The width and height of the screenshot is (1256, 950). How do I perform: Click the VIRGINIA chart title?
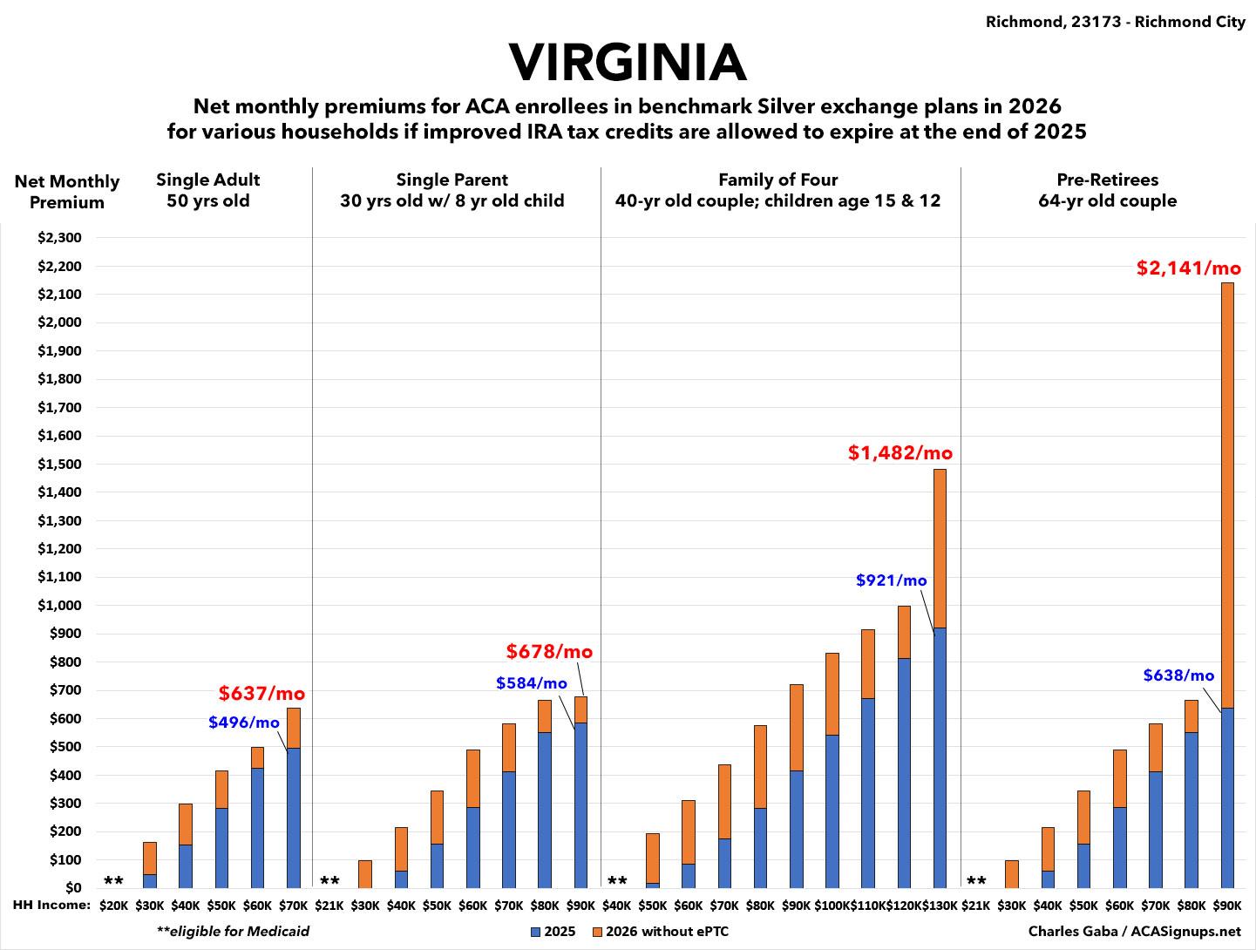[628, 63]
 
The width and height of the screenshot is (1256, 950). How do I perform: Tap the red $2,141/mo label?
[1188, 268]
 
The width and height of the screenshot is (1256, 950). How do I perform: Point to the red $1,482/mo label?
[900, 453]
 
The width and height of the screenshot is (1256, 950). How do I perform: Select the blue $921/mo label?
[891, 580]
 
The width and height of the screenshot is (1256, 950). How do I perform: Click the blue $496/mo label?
[244, 723]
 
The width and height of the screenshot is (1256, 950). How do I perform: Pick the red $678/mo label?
[549, 652]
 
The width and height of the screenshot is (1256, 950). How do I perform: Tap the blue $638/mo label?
[1178, 675]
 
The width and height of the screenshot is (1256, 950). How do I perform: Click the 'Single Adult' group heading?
[208, 180]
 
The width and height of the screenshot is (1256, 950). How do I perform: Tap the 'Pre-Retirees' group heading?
[1107, 180]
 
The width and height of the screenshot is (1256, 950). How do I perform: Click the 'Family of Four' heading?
[777, 180]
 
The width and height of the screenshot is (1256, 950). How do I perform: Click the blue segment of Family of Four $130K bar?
[940, 757]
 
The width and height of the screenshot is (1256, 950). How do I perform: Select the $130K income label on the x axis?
[940, 906]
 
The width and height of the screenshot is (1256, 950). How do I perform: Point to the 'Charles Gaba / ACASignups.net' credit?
[1134, 931]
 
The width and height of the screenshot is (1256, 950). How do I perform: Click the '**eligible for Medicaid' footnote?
[233, 931]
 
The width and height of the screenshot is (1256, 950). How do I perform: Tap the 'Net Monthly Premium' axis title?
[67, 192]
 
